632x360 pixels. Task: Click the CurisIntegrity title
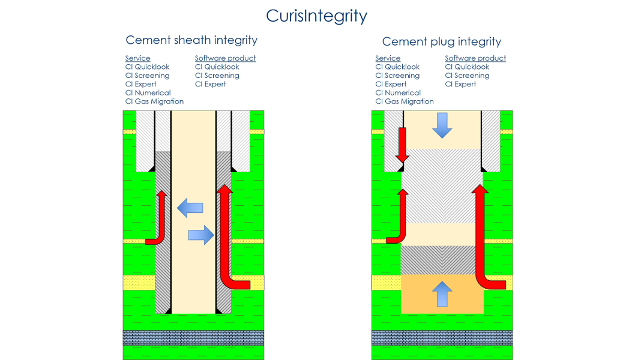click(316, 15)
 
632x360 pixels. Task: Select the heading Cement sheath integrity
click(191, 40)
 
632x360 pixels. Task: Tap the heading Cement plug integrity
click(441, 41)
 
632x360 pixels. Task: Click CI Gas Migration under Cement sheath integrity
click(154, 101)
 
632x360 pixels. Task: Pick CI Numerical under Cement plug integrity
click(398, 93)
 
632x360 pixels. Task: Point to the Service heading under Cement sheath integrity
click(138, 58)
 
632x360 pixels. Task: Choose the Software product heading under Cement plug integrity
click(475, 58)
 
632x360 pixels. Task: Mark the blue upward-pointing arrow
click(442, 294)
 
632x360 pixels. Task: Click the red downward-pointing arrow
click(402, 146)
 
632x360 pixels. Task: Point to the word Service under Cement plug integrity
click(388, 58)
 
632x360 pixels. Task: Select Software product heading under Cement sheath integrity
click(225, 58)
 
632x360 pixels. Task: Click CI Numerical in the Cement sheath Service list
click(148, 93)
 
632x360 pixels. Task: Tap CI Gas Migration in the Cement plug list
click(405, 101)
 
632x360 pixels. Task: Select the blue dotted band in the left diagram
click(193, 337)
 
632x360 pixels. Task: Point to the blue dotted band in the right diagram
click(442, 337)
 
